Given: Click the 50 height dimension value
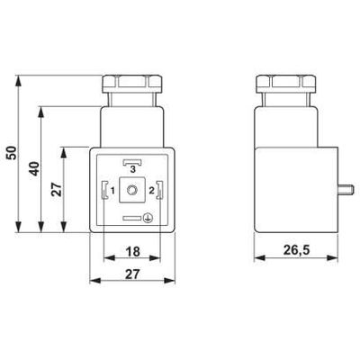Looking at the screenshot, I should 11,152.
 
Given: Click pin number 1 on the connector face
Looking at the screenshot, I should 114,191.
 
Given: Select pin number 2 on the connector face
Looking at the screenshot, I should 151,191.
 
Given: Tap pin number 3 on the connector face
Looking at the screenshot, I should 132,169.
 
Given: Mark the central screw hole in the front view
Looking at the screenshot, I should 132,190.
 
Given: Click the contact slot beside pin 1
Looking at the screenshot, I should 106,190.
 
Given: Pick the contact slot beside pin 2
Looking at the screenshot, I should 159,190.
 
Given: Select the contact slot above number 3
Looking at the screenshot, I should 132,160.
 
